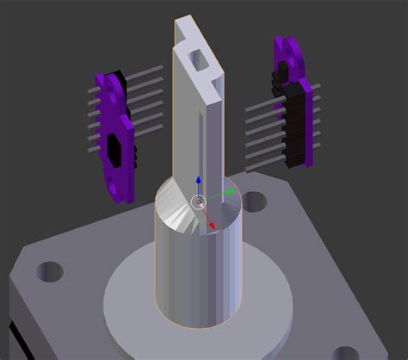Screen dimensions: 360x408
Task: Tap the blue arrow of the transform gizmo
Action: click(199, 183)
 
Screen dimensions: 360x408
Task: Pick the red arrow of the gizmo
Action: click(212, 226)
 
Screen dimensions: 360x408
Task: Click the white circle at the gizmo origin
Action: click(199, 202)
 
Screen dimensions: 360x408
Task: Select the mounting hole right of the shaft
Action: click(254, 203)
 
